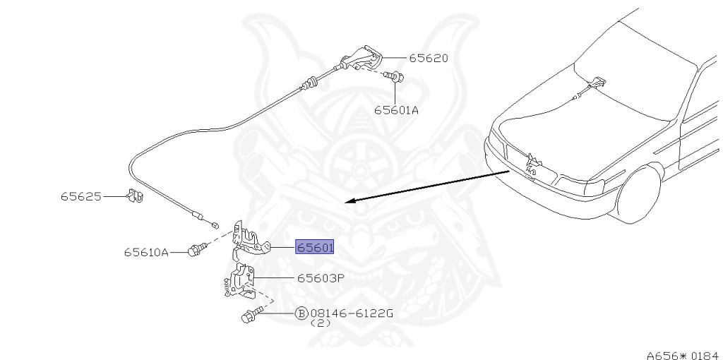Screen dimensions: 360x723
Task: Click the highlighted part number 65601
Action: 315,247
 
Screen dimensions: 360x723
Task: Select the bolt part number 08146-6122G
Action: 352,313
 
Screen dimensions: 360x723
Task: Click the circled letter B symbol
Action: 301,313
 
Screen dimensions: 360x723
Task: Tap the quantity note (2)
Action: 321,323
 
